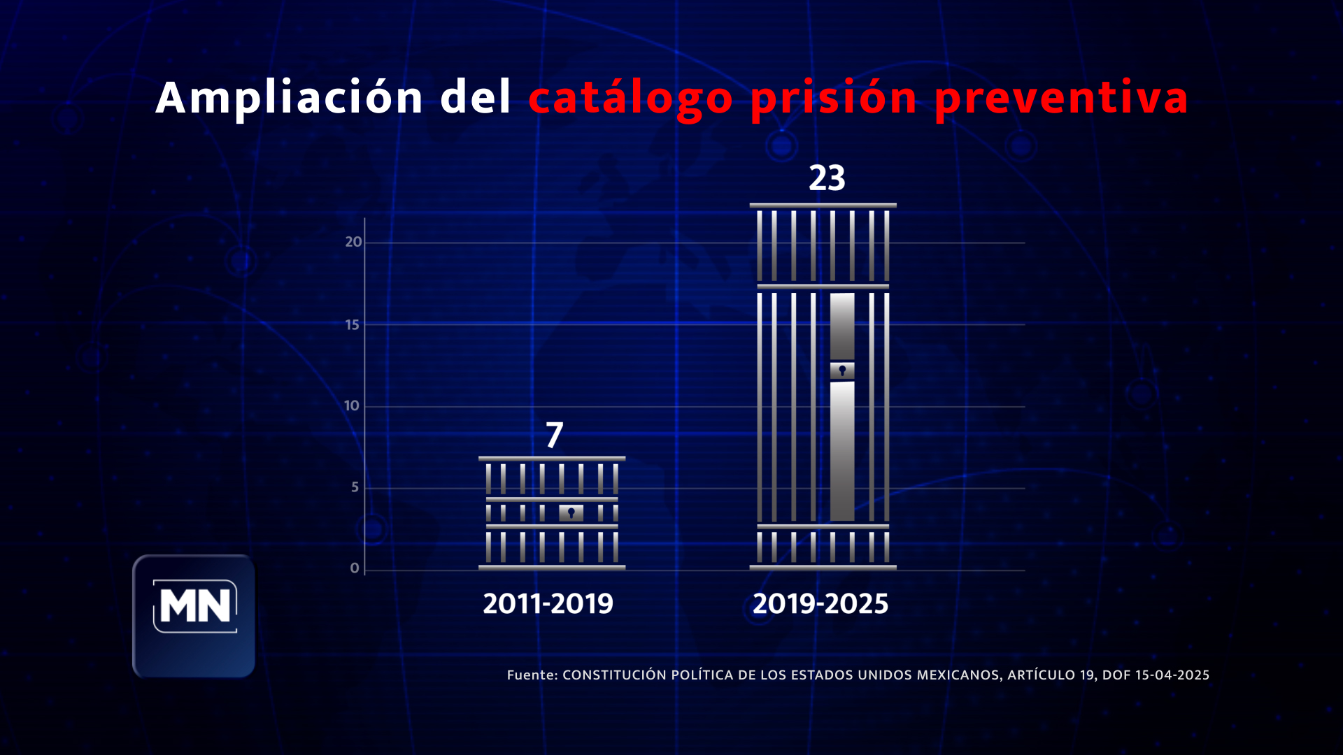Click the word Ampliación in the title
pyautogui.click(x=289, y=97)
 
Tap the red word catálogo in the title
pyautogui.click(x=630, y=99)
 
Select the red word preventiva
pyautogui.click(x=1061, y=99)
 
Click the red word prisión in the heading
pyautogui.click(x=833, y=99)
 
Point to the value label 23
pyautogui.click(x=827, y=178)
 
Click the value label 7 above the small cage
pyautogui.click(x=554, y=435)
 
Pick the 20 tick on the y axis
pyautogui.click(x=353, y=242)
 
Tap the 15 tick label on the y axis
pyautogui.click(x=352, y=324)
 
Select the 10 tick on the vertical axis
pyautogui.click(x=351, y=405)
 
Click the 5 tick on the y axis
pyautogui.click(x=355, y=487)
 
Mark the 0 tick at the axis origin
pyautogui.click(x=354, y=568)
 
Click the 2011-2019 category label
pyautogui.click(x=548, y=604)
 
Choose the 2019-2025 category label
pyautogui.click(x=820, y=604)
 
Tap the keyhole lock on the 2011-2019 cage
pyautogui.click(x=571, y=513)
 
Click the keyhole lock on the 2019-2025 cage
pyautogui.click(x=842, y=371)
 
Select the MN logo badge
pyautogui.click(x=194, y=615)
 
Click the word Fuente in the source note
pyautogui.click(x=531, y=675)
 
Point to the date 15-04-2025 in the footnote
pyautogui.click(x=1172, y=675)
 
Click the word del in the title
pyautogui.click(x=476, y=97)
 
